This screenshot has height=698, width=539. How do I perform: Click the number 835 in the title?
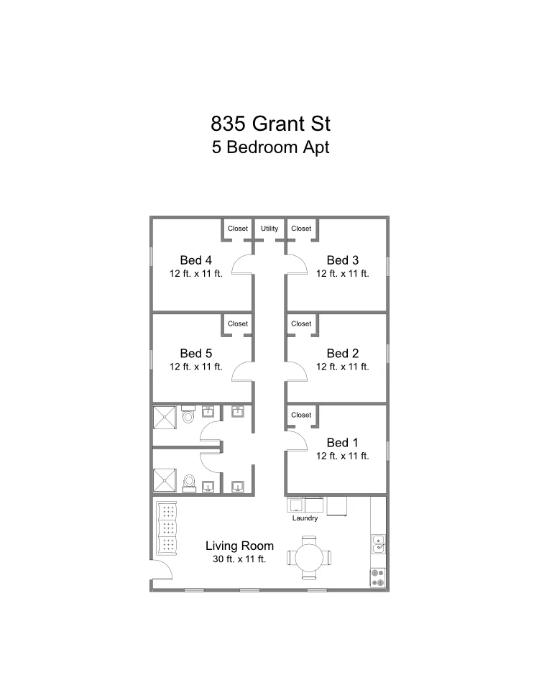click(228, 124)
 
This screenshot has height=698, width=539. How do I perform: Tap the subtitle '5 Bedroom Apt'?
click(271, 147)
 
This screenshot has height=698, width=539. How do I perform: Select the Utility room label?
click(269, 229)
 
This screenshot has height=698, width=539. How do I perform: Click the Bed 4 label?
click(196, 260)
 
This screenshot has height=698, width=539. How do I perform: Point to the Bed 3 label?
click(343, 260)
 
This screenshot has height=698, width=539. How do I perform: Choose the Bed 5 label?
click(196, 353)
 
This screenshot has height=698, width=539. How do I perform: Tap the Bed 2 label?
click(343, 353)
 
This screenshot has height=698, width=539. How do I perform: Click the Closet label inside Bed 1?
click(301, 415)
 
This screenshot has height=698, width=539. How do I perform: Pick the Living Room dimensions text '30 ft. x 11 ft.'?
click(239, 559)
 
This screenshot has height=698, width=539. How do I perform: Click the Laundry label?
click(305, 518)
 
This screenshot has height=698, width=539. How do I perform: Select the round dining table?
click(309, 557)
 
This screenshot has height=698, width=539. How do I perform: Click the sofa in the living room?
click(167, 528)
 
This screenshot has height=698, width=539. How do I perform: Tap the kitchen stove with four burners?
click(378, 578)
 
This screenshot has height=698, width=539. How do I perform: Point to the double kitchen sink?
click(378, 544)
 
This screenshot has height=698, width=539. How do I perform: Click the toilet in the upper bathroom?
click(188, 414)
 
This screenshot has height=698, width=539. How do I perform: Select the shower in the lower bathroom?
click(165, 480)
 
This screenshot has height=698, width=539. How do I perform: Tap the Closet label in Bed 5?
click(238, 324)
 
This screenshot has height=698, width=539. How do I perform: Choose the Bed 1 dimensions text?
click(343, 456)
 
